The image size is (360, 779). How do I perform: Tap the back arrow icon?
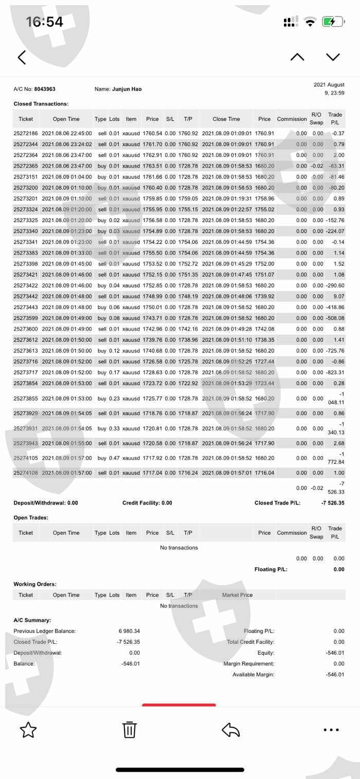[22, 57]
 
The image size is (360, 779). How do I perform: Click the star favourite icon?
[28, 730]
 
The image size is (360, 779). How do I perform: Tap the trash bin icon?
[129, 730]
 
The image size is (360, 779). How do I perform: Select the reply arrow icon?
[231, 730]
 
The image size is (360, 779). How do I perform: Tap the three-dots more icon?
[331, 730]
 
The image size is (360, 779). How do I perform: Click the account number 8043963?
[45, 89]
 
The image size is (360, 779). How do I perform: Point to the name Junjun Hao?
[127, 89]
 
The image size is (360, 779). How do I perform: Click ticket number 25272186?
[26, 133]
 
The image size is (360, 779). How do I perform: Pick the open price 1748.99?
[152, 296]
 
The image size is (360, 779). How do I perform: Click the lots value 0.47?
[114, 458]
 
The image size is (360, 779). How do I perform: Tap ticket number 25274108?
[26, 473]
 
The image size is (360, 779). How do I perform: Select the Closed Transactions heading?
[41, 104]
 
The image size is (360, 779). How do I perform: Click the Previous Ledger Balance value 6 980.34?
[129, 631]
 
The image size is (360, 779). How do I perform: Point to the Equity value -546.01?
[335, 653]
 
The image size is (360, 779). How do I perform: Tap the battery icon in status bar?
[333, 22]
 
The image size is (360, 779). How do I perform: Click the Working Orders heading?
[35, 584]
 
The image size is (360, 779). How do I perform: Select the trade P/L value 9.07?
[338, 296]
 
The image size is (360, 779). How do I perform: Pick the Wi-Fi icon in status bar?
[310, 22]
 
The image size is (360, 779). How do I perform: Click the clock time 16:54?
[45, 22]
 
